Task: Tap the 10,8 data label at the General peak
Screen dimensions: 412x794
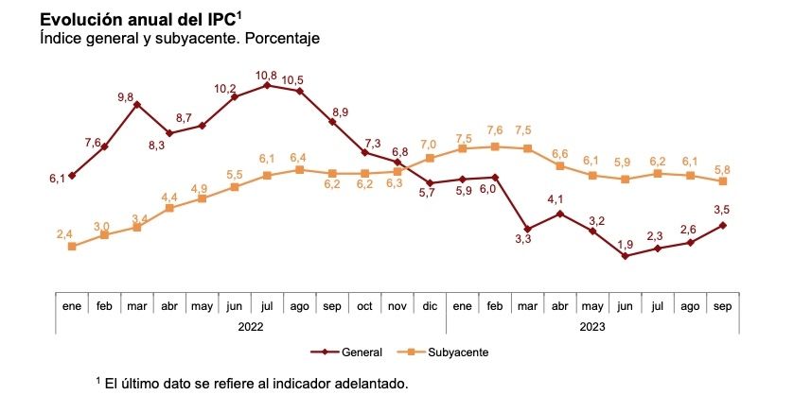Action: click(267, 75)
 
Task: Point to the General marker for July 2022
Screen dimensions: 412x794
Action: click(267, 85)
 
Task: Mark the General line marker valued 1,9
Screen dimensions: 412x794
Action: click(626, 255)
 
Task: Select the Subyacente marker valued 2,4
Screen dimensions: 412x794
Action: click(72, 247)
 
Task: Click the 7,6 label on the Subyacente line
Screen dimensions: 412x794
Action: click(495, 130)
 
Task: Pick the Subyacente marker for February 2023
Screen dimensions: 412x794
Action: click(495, 146)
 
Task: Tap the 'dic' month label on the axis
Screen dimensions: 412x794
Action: click(430, 306)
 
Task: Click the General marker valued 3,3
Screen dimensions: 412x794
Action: click(527, 230)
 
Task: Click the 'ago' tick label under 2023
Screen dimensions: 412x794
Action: click(690, 306)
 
